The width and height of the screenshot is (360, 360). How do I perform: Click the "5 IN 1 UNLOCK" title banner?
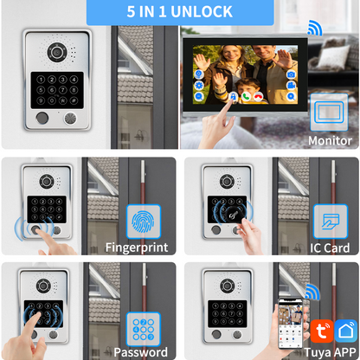[x=179, y=11]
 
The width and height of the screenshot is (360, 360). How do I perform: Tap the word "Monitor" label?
[x=331, y=140]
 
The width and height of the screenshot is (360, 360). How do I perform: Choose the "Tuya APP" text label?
[x=328, y=351]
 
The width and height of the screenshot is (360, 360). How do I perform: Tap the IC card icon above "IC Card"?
[x=330, y=222]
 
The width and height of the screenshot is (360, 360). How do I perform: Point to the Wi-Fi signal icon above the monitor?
[x=314, y=29]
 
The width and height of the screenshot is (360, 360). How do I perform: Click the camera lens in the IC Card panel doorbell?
[x=228, y=181]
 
